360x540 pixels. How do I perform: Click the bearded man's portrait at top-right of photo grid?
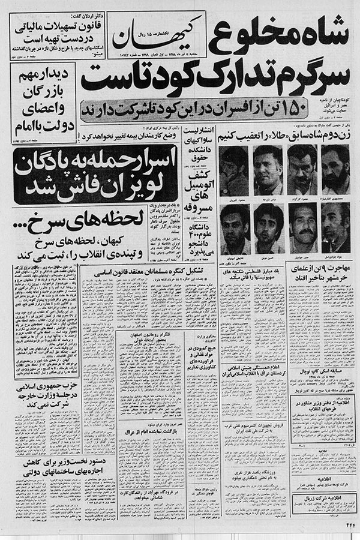click(335, 168)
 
